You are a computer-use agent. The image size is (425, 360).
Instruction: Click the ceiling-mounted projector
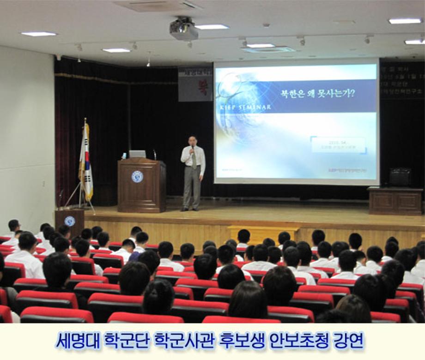click(x=183, y=29)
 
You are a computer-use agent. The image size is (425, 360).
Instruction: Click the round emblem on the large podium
click(x=137, y=176)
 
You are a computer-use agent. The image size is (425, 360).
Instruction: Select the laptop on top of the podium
click(x=137, y=154)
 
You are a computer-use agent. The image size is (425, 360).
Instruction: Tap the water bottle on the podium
click(x=124, y=156)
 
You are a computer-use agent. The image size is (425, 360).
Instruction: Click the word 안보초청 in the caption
click(x=303, y=341)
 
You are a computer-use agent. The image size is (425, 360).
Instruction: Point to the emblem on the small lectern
click(x=69, y=221)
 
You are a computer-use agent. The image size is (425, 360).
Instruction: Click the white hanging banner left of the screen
click(x=195, y=84)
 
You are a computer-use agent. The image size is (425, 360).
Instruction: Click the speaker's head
click(x=193, y=140)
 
